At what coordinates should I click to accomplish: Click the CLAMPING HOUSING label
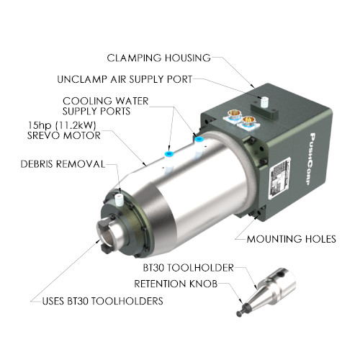158,58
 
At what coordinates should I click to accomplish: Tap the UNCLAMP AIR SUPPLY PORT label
125,79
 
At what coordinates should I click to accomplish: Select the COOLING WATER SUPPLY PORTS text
106,106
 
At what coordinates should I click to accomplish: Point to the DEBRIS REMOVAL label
63,164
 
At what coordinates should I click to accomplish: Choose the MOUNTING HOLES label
292,239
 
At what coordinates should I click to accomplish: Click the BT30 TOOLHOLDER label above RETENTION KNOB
189,268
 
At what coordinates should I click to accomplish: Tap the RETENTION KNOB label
176,284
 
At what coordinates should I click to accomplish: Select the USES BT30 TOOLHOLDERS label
103,301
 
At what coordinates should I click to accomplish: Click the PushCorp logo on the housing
312,159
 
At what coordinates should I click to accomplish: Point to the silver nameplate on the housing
280,179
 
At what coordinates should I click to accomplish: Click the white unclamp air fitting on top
264,102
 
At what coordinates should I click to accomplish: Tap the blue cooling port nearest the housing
199,139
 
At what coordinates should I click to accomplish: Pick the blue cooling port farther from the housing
169,153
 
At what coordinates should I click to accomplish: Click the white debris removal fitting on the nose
119,199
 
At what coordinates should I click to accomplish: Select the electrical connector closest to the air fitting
248,122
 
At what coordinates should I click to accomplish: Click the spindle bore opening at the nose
107,235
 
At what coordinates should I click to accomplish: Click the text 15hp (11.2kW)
62,125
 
